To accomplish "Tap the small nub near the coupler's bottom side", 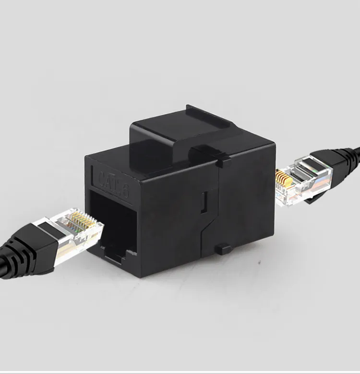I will pos(222,249).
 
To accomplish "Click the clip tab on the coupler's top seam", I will pos(224,160).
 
